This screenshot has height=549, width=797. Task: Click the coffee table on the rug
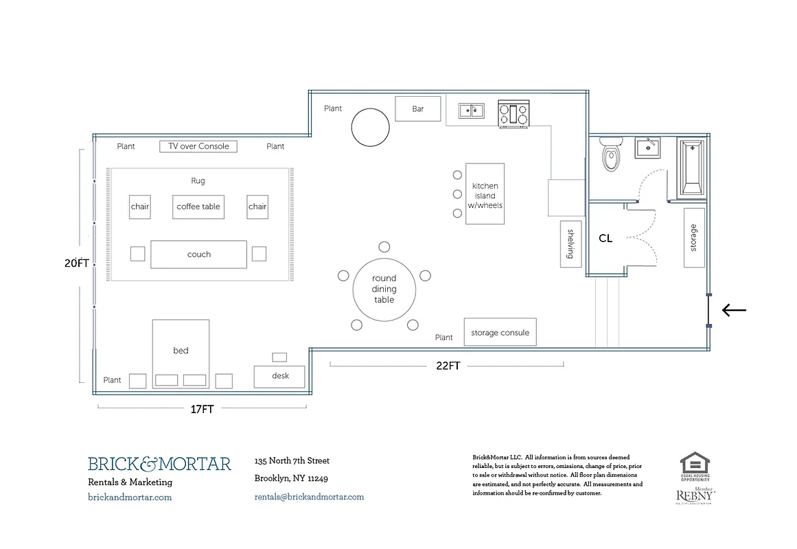[x=198, y=207]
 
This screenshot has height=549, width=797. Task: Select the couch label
[x=198, y=255]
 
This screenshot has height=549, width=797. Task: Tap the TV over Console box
[x=198, y=146]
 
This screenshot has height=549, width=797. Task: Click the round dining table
[x=384, y=289]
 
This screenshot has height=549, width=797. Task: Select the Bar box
[x=417, y=108]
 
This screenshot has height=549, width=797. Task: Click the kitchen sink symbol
[x=471, y=110]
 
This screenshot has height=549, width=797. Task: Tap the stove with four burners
[x=514, y=114]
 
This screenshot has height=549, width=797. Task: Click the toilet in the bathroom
[x=610, y=154]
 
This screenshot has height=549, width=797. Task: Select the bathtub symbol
[x=692, y=167]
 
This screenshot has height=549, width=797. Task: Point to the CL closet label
[x=605, y=239]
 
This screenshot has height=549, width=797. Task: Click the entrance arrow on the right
[x=734, y=310]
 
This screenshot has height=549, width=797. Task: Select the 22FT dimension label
[x=448, y=366]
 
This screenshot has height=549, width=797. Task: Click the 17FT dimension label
[x=202, y=409]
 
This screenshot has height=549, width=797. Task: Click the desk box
[x=279, y=376]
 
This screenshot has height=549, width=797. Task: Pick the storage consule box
[x=499, y=333]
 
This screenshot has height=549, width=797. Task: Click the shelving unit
[x=570, y=244]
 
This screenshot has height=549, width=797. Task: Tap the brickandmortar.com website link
[x=130, y=497]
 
